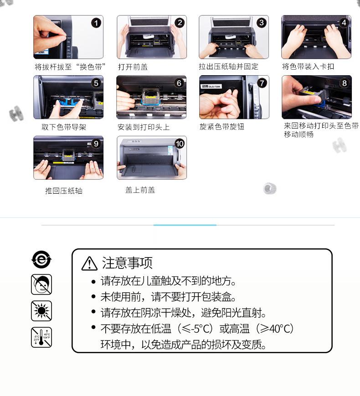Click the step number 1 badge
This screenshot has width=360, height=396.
click(x=96, y=23)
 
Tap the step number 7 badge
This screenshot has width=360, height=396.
click(x=262, y=83)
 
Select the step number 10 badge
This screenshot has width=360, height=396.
click(x=180, y=144)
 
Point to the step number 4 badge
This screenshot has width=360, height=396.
click(x=344, y=23)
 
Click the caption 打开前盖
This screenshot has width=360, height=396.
click(x=133, y=67)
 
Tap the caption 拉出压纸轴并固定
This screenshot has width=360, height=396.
click(x=228, y=67)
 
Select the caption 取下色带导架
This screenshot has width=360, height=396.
click(x=64, y=127)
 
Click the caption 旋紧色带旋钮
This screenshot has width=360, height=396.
click(x=222, y=127)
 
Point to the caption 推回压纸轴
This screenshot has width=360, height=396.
click(x=64, y=190)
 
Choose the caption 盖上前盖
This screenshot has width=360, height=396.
click(x=140, y=190)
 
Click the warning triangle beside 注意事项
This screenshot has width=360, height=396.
click(x=89, y=263)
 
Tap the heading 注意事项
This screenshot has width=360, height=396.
click(x=127, y=263)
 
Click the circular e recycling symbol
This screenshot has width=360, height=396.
click(x=41, y=259)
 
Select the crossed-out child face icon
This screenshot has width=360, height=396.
click(x=41, y=285)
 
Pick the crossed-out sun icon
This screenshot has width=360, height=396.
click(x=41, y=311)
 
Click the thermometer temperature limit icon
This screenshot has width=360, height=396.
click(x=41, y=337)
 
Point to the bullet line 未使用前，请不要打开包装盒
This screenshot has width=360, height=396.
click(x=168, y=297)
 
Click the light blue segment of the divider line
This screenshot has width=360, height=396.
click(x=185, y=225)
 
